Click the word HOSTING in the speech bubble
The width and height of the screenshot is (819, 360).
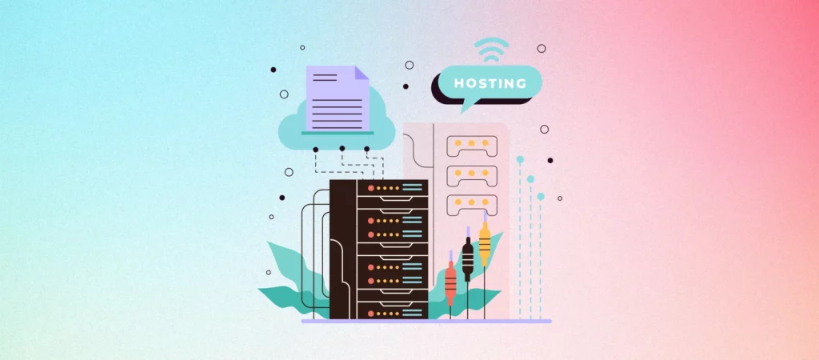pos(490,83)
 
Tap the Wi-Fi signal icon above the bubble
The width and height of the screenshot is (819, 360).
pos(491,50)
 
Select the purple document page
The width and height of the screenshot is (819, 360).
pos(338,98)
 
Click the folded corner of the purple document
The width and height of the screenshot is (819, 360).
pos(362,73)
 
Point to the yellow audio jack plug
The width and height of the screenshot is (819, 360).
pos(485,244)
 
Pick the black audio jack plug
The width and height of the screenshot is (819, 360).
pos(467,259)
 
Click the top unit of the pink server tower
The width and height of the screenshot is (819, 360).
pos(472,146)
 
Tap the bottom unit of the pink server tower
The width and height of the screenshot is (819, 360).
pos(472,205)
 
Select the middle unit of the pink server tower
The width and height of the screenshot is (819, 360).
pos(472,175)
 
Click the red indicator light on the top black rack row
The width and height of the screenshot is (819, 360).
pos(371,188)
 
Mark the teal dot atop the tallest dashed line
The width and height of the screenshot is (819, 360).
pos(520,159)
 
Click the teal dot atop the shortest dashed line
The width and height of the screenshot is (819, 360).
pos(541,197)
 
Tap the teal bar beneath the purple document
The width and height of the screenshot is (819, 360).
pos(338,134)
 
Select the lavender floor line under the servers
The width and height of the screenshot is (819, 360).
pos(426,322)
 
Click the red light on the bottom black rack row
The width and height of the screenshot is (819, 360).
pos(371,314)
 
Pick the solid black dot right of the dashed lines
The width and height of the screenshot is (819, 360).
pos(550,161)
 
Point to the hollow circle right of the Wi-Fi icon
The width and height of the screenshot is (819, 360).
pos(541,49)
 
